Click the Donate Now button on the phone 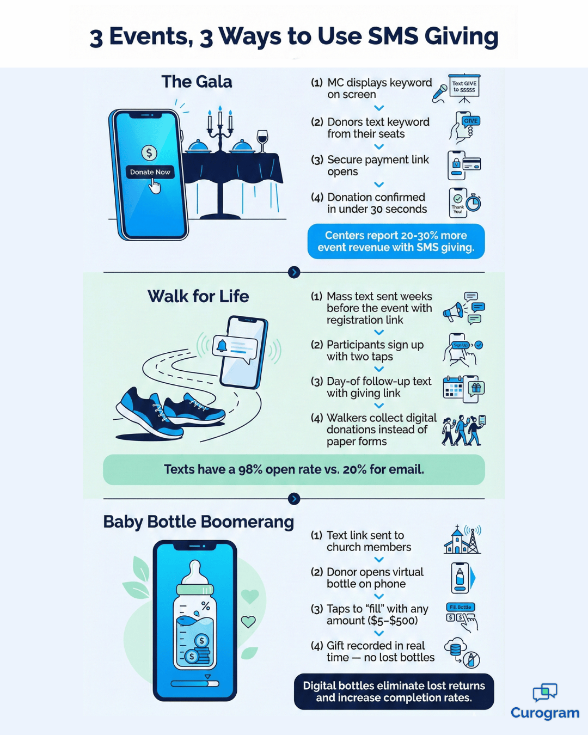click(x=150, y=172)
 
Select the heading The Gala click(x=197, y=82)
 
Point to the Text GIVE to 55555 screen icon click(x=464, y=87)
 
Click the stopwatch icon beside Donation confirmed click(x=473, y=203)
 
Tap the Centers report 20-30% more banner click(x=396, y=241)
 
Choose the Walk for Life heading click(x=198, y=296)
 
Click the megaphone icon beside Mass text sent click(x=453, y=311)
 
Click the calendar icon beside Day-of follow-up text click(x=453, y=387)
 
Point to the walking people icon click(x=463, y=431)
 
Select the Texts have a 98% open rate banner click(x=294, y=469)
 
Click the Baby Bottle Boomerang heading click(x=198, y=522)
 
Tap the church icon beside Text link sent click(x=457, y=541)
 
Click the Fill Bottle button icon click(x=461, y=607)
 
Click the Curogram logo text click(x=545, y=713)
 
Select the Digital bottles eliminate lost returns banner click(x=394, y=691)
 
